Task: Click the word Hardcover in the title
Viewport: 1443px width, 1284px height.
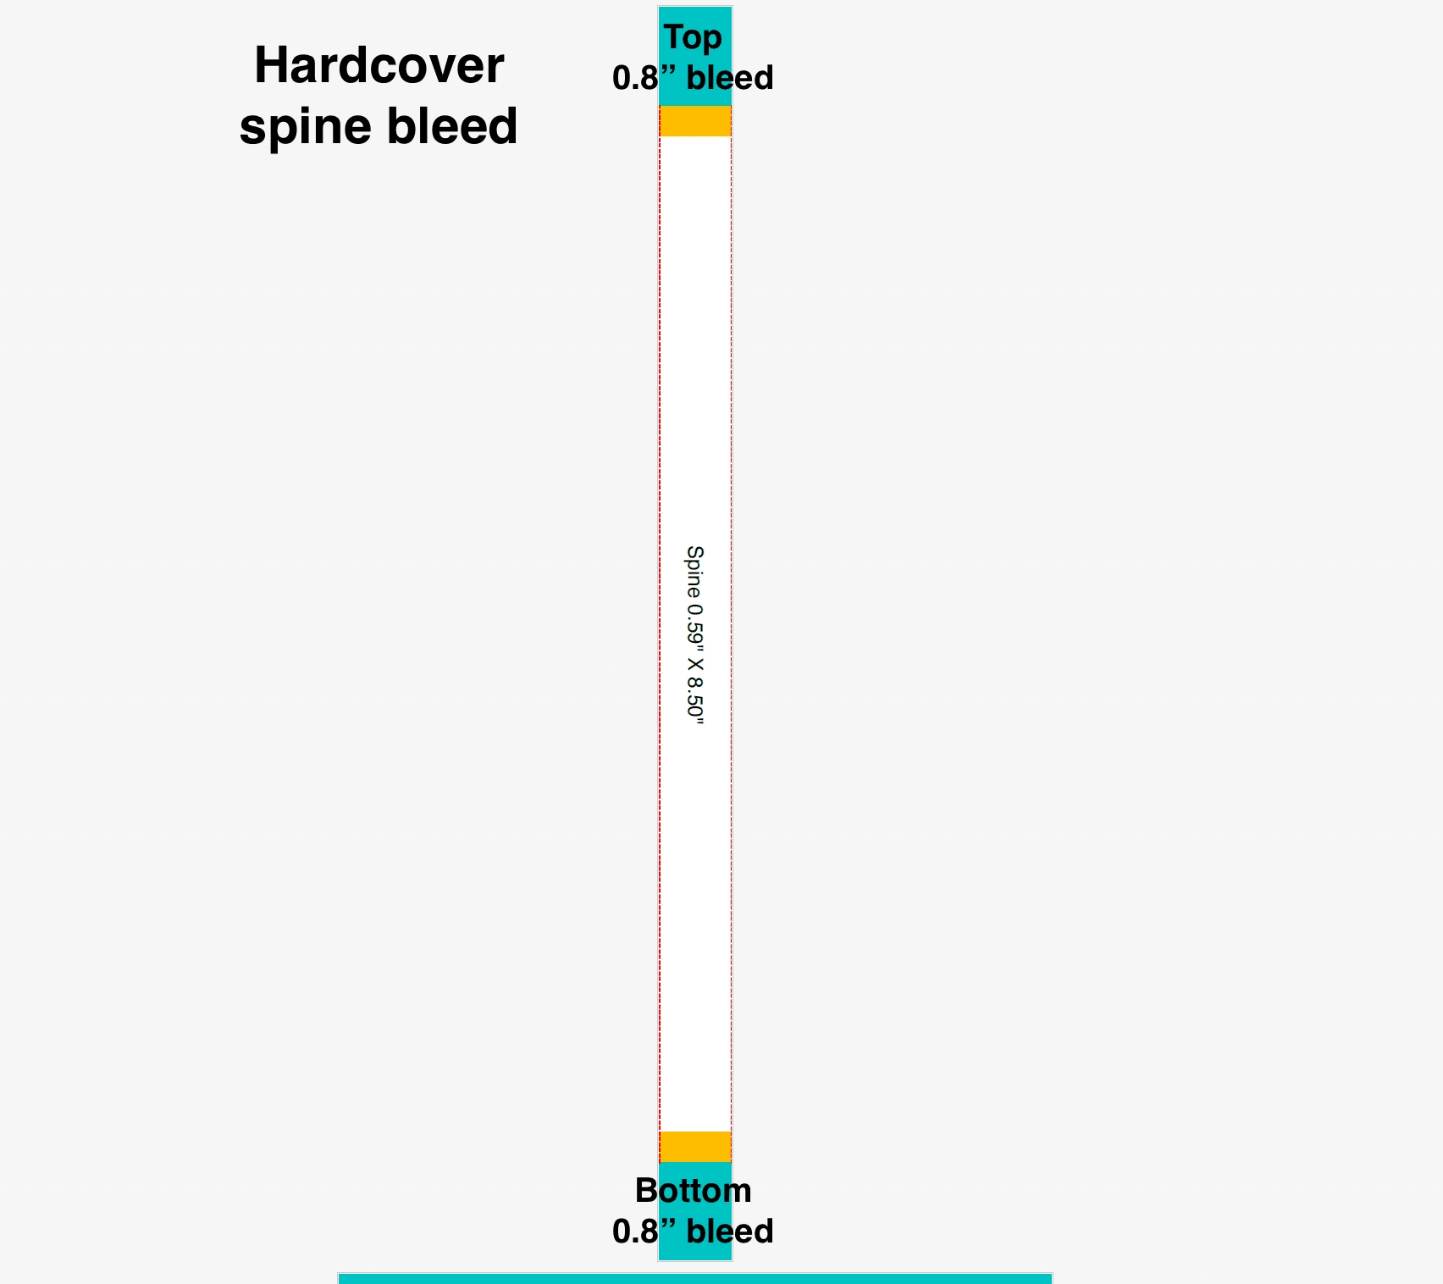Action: pyautogui.click(x=379, y=65)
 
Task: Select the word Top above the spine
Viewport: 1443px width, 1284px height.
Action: pyautogui.click(x=693, y=38)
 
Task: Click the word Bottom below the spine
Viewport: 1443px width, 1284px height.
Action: pyautogui.click(x=693, y=1191)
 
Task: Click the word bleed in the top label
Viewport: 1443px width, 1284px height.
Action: pyautogui.click(x=729, y=78)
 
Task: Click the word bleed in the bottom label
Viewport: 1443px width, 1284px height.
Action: pyautogui.click(x=729, y=1231)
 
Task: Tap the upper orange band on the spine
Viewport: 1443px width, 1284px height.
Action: pyautogui.click(x=695, y=121)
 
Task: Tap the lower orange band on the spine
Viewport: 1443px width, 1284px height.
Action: pyautogui.click(x=695, y=1147)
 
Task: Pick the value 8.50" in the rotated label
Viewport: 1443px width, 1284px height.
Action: pyautogui.click(x=694, y=700)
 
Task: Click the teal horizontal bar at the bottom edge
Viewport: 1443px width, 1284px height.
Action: pyautogui.click(x=695, y=1278)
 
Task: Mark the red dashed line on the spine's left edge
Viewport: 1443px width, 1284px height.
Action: pyautogui.click(x=660, y=634)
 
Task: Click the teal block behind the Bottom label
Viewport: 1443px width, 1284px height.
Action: pyautogui.click(x=695, y=1211)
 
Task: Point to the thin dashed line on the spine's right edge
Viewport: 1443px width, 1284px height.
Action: pyautogui.click(x=731, y=634)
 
